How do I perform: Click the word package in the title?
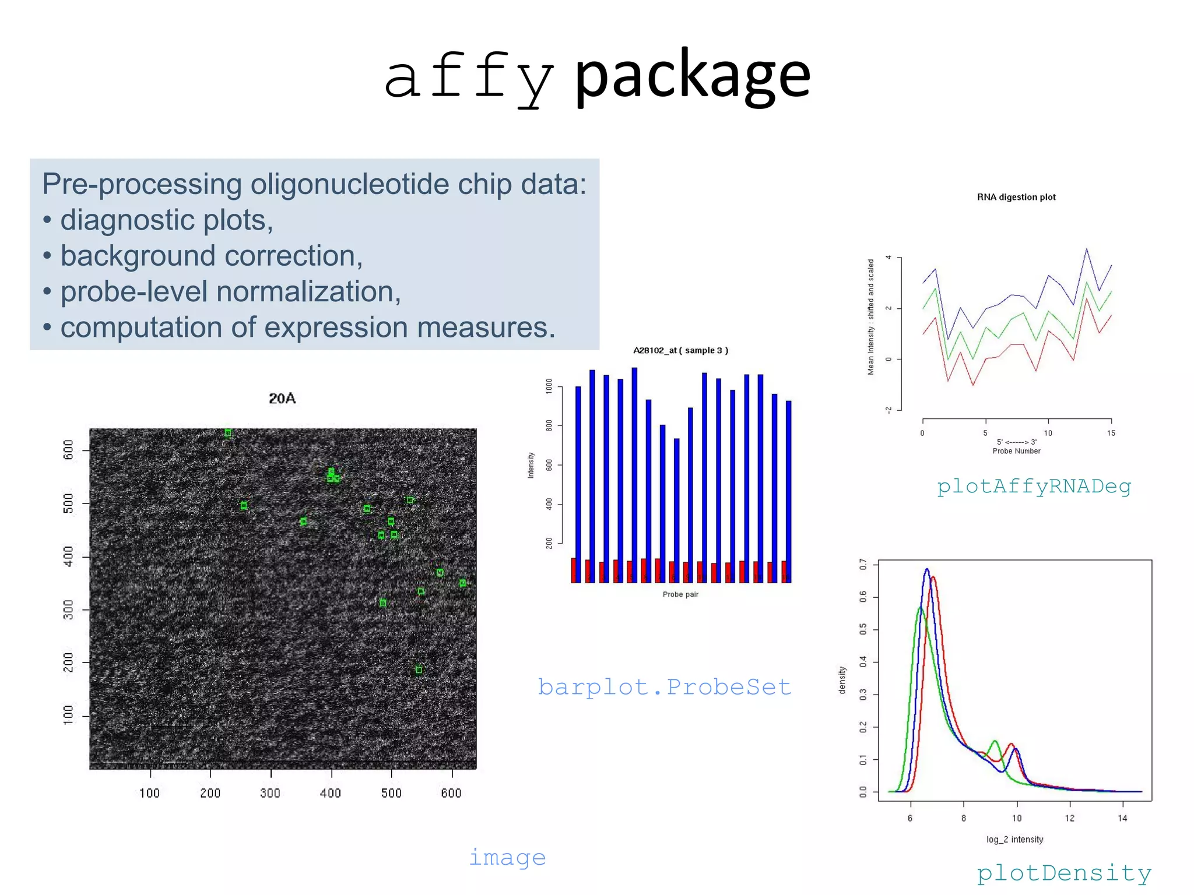tap(692, 76)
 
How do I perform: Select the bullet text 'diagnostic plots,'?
tap(167, 220)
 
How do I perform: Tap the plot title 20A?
tap(282, 399)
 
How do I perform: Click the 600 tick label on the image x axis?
tap(451, 793)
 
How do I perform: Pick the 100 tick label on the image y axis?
tap(69, 715)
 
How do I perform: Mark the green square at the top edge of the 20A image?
tap(228, 433)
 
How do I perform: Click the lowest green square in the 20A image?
tap(419, 670)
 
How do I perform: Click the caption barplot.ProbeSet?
tap(664, 687)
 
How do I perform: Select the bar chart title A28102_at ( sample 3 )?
tap(680, 350)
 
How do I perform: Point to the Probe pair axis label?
tap(680, 594)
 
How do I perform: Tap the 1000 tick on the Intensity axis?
tap(549, 386)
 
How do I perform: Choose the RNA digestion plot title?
tap(1016, 197)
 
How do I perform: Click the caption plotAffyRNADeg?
tap(1034, 486)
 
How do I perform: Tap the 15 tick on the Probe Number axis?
tap(1111, 433)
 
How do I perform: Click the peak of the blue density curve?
tap(926, 569)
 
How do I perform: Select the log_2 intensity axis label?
tap(1014, 839)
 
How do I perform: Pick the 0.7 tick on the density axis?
tap(863, 564)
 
